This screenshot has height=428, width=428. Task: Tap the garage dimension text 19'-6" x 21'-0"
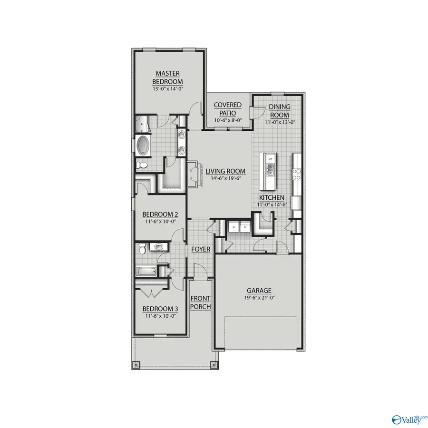pos(259,298)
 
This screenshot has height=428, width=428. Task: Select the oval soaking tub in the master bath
pos(143,145)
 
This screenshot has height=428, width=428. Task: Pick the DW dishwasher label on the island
pos(270,158)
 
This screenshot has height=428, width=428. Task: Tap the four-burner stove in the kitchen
pos(297,174)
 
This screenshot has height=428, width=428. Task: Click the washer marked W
pos(233,228)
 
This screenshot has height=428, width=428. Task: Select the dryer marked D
pos(244,228)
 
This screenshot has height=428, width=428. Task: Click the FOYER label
pos(201,250)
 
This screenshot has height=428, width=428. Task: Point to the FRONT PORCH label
pos(201,302)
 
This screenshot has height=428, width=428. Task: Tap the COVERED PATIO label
pos(227,109)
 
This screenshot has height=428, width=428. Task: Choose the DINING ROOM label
pos(280,111)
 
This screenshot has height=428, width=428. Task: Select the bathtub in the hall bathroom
pos(146,272)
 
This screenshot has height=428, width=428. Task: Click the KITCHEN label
pos(272,197)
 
